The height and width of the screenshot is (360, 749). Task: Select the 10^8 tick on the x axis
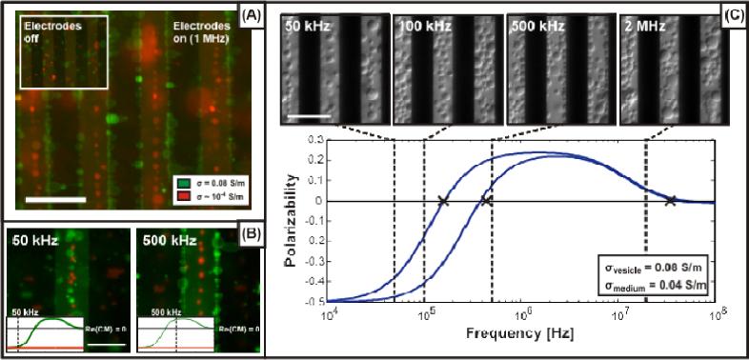click(715, 312)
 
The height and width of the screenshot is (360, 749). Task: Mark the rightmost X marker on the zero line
click(672, 200)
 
